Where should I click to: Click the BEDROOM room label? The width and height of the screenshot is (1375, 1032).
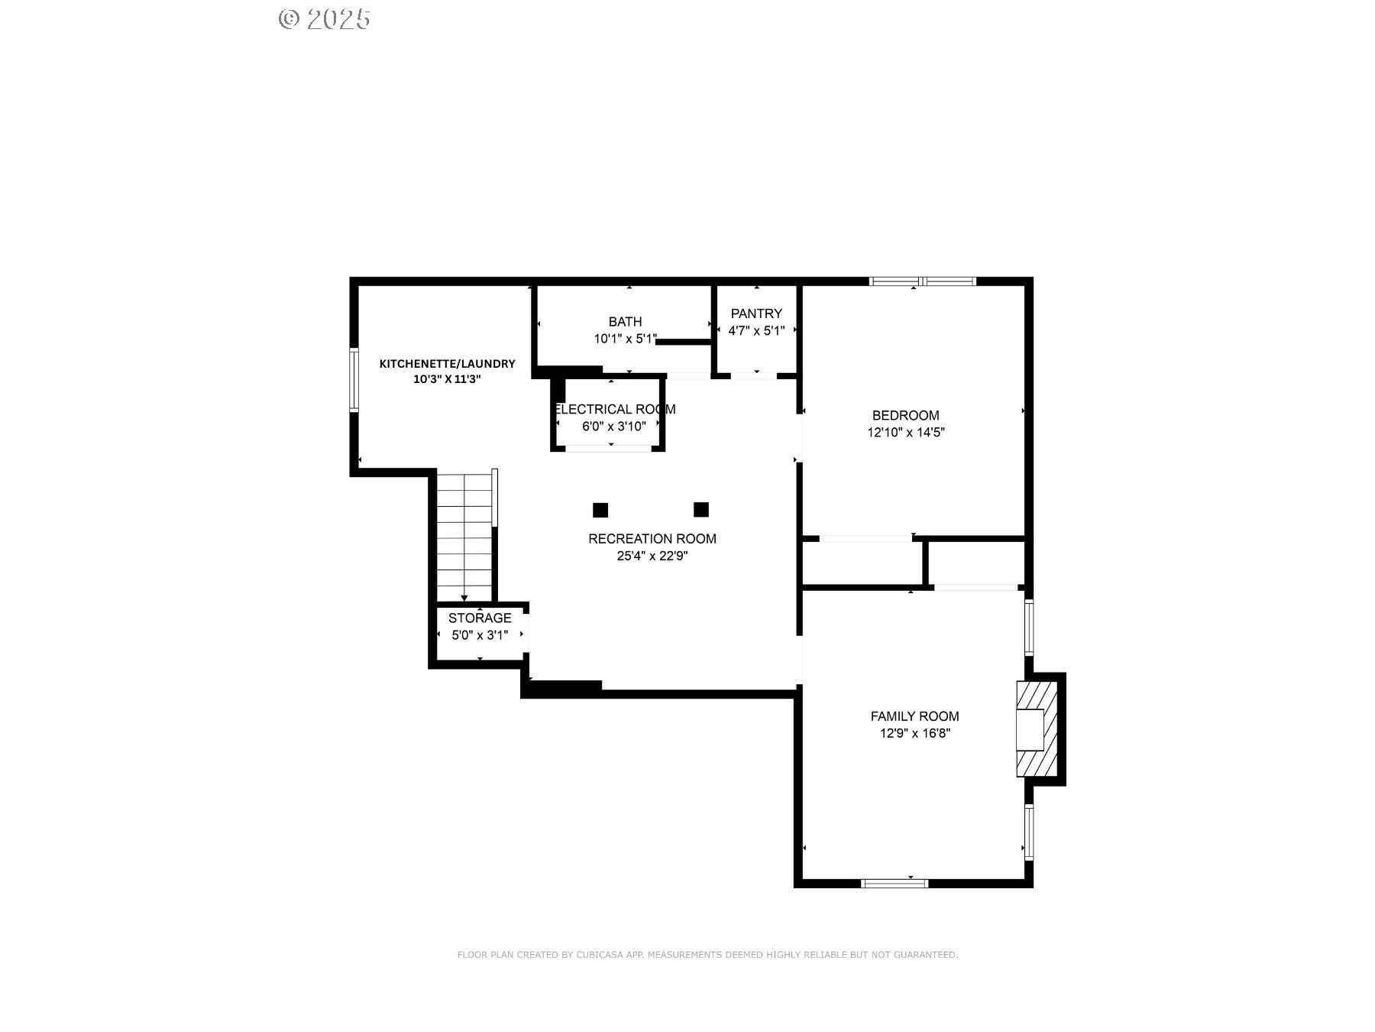pos(905,415)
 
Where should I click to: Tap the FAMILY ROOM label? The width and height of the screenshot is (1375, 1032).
pos(914,716)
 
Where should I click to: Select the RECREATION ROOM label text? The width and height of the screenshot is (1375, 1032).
pos(652,539)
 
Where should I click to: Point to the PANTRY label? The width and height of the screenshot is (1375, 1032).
pos(756,313)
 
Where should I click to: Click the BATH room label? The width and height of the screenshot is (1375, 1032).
pos(625,322)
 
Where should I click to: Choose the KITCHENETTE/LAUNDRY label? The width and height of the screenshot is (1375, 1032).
pos(448,364)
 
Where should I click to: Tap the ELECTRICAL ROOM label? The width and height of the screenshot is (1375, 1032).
pos(615,409)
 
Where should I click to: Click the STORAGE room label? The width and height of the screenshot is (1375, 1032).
pos(480,618)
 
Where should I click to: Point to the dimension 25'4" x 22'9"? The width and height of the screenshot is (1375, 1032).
pos(652,556)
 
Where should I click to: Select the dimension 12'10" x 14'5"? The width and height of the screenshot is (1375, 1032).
pos(906,432)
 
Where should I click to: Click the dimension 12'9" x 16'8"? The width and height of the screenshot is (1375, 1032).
pos(914,733)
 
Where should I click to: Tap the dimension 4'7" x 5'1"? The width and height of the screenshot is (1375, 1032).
pos(756,331)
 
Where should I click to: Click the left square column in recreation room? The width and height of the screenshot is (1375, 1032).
pos(600,510)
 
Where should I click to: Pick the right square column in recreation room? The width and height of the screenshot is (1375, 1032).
pos(701,509)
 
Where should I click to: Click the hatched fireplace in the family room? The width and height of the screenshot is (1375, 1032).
pos(1037,729)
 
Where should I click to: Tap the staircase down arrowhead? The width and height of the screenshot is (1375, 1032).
pos(464,598)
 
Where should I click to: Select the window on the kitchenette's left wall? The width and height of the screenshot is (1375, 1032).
pos(354,379)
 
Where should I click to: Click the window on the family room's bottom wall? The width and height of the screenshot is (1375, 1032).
pos(895,884)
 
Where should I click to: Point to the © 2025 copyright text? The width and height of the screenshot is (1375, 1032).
pos(325,19)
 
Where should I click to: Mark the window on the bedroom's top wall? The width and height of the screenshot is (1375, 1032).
pos(923,281)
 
